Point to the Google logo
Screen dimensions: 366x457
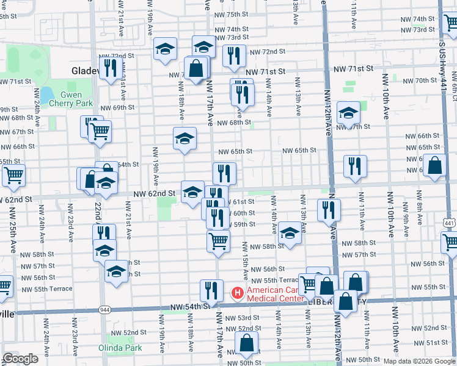point(20,359)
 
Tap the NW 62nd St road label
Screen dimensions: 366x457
point(155,193)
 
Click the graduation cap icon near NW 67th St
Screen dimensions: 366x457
point(348,113)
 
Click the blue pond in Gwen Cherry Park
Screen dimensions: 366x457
point(46,95)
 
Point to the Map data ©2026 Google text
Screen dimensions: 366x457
point(419,361)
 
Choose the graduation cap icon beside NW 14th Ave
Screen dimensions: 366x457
point(290,233)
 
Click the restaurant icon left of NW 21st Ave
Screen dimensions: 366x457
point(109,67)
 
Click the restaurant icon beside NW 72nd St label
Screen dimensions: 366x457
point(234,56)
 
